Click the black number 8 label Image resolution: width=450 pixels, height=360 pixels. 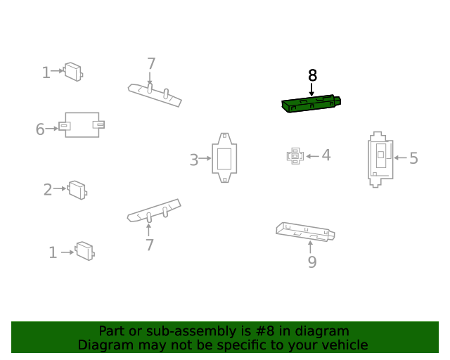pos(312,75)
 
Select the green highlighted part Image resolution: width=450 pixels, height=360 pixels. pos(311,103)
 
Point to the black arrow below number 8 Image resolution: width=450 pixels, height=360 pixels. pos(311,89)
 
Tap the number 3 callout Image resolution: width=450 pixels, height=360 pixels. pos(194,160)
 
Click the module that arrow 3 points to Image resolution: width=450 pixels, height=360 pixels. pos(224,157)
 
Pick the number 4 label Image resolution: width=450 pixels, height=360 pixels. pos(326,155)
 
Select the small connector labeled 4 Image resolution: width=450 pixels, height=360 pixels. pos(295,156)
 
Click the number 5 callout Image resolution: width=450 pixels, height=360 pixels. pos(413,158)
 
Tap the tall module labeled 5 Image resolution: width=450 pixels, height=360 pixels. pos(380,160)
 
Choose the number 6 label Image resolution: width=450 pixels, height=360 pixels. pos(40,129)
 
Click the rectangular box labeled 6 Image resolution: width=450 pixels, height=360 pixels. pos(82,125)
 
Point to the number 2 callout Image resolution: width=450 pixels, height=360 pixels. pos(48,190)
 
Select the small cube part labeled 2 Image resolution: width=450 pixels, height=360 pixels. pos(77,190)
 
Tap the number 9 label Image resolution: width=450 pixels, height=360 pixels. pos(312,262)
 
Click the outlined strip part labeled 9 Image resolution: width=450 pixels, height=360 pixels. pos(305,232)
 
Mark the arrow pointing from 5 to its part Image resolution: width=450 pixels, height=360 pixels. pos(400,157)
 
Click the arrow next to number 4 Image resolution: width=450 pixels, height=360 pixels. pos(312,156)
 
